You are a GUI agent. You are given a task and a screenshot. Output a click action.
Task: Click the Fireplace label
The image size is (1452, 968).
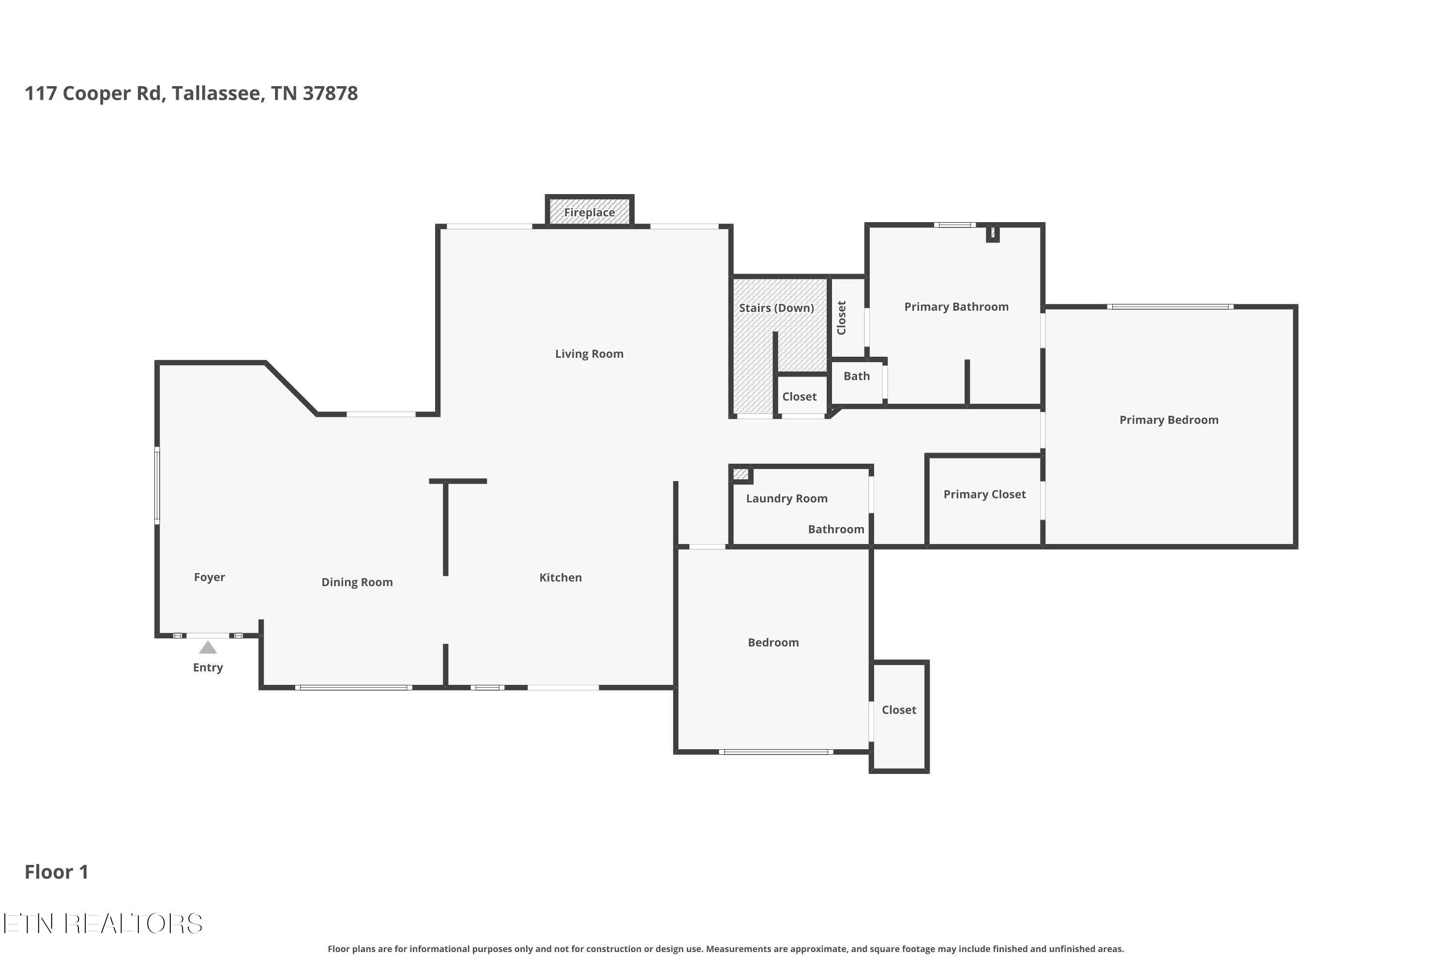coord(589,212)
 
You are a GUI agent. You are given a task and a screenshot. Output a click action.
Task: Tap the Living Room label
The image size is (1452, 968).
coord(589,354)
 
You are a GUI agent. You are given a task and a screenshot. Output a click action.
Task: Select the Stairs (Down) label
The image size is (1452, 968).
coord(777,308)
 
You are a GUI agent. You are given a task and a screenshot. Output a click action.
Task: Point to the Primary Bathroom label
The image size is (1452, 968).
coord(956,307)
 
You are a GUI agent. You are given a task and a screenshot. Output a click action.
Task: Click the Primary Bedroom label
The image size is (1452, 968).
coord(1169,420)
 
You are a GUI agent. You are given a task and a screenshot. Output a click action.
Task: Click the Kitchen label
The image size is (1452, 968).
coord(560,577)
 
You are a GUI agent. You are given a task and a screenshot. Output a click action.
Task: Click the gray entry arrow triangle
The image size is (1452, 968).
coord(208,647)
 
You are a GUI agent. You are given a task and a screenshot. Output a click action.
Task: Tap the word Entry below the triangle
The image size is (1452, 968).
coord(208,667)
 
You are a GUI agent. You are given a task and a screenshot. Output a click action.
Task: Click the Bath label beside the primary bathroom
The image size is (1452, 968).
coord(856,376)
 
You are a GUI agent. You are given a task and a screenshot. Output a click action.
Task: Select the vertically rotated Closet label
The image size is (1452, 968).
coord(841,318)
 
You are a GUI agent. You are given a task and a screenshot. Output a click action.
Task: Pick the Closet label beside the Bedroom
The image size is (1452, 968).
coord(899,710)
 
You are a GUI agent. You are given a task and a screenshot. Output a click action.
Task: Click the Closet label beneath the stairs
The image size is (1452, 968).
coord(800,396)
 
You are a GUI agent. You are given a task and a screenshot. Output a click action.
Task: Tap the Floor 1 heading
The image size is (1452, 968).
coord(56,872)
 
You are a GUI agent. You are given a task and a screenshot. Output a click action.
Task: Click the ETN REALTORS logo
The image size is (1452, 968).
coord(103,923)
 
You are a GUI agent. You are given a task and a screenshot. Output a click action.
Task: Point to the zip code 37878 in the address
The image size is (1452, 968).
coord(330,93)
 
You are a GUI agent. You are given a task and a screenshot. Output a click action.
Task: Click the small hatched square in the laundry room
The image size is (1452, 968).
coord(741,474)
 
